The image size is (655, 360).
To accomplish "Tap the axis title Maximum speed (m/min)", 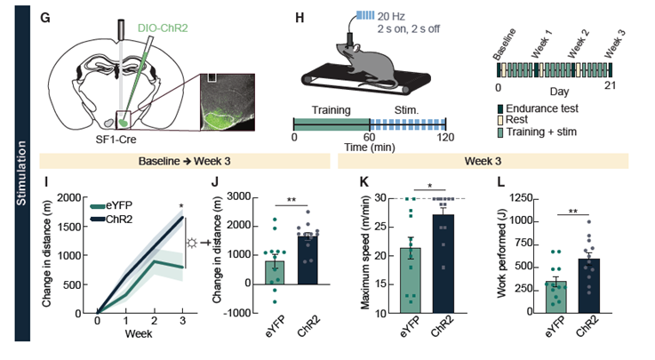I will (x=365, y=255).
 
